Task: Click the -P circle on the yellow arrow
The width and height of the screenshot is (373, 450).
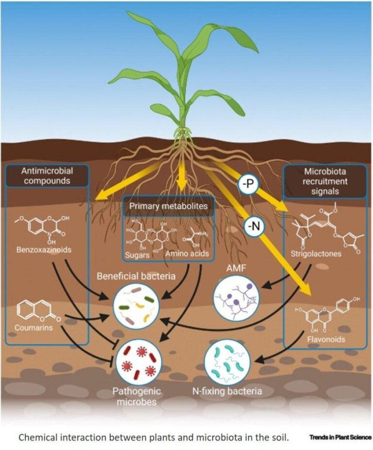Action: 248,184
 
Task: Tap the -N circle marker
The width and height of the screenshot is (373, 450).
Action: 254,227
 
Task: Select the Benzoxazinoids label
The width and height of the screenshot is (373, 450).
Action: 44,250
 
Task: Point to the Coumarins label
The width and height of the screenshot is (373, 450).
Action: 34,328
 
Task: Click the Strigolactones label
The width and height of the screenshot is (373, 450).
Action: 316,254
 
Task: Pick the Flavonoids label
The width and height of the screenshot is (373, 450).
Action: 326,339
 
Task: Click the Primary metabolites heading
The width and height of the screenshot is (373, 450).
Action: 169,206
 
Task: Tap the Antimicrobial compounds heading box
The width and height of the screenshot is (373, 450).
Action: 47,176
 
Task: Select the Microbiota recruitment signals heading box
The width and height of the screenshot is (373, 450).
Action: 325,181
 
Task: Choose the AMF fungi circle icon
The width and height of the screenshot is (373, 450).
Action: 236,298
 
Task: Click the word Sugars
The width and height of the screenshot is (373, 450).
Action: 137,255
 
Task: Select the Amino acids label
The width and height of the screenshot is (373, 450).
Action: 187,254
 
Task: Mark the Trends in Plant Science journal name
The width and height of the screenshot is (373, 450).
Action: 340,437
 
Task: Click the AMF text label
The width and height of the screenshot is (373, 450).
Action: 236,268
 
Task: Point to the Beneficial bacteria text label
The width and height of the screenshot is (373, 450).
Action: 136,276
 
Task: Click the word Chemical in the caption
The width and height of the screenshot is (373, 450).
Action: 37,437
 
